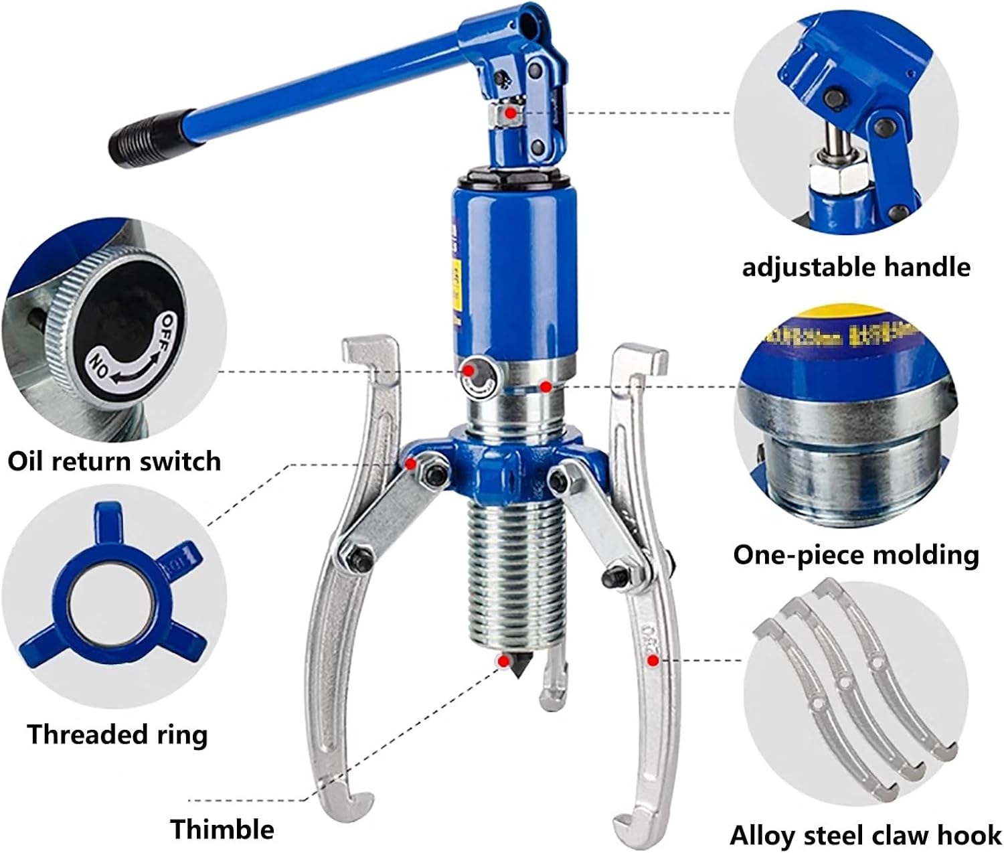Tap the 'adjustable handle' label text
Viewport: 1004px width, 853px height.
pyautogui.click(x=856, y=266)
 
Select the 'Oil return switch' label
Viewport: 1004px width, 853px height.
pyautogui.click(x=114, y=461)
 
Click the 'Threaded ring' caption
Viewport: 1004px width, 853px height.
pyautogui.click(x=117, y=734)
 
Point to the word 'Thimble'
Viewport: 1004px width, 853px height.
pyautogui.click(x=222, y=829)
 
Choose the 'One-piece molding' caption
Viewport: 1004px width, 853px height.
pyautogui.click(x=855, y=554)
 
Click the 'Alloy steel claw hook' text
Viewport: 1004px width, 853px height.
pyautogui.click(x=865, y=835)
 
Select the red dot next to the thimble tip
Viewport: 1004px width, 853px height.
pyautogui.click(x=502, y=661)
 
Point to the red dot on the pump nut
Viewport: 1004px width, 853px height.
pyautogui.click(x=511, y=114)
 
